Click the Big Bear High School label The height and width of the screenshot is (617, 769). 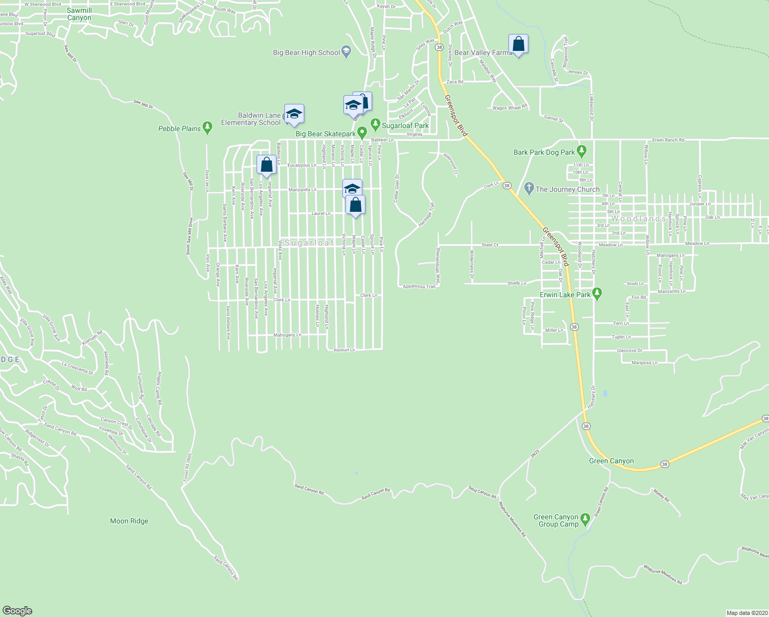[x=306, y=52]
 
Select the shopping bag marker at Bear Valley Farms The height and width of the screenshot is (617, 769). [x=518, y=45]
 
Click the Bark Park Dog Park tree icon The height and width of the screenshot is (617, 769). [x=581, y=151]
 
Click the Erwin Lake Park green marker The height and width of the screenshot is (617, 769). [x=597, y=294]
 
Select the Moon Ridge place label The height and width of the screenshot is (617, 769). [x=129, y=521]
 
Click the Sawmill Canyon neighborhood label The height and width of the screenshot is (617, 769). [x=79, y=14]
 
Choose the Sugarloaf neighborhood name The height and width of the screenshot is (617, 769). [x=309, y=243]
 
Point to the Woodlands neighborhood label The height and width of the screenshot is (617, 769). [x=638, y=219]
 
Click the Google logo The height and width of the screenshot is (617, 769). [x=17, y=610]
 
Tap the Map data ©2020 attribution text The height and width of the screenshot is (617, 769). [x=746, y=613]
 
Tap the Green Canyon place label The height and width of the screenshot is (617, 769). [x=611, y=461]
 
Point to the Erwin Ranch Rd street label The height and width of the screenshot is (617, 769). [x=668, y=140]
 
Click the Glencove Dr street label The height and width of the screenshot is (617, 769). [x=629, y=351]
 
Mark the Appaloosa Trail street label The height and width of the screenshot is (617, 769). [x=419, y=286]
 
